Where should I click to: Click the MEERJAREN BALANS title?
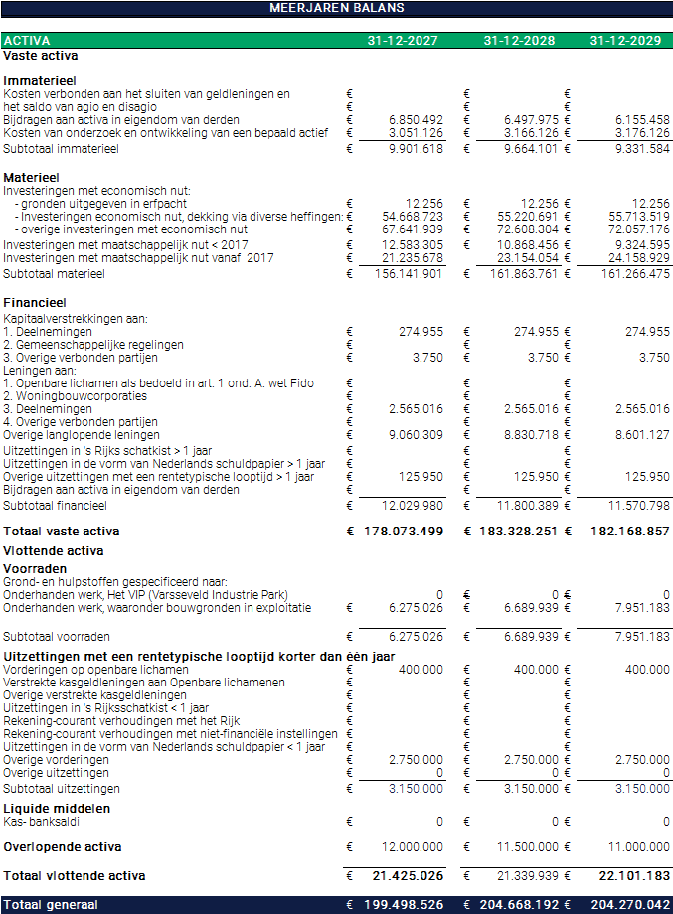pos(337,8)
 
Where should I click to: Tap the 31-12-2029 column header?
pos(624,41)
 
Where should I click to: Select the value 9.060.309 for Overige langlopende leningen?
pos(416,435)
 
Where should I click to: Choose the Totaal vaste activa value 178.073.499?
pos(403,532)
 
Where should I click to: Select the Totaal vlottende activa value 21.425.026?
pos(408,876)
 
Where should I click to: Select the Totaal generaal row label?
pos(51,905)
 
